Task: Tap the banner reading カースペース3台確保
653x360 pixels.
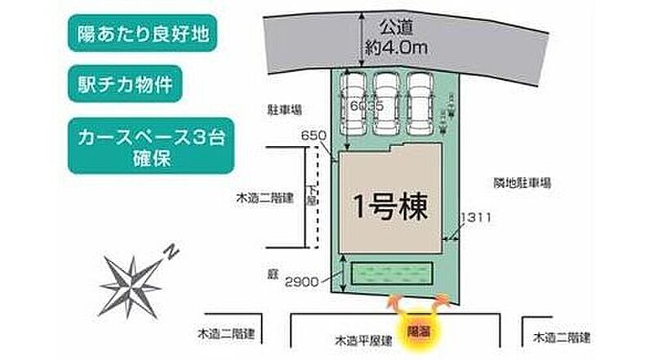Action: coord(146,148)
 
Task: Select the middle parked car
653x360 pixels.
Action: coord(387,104)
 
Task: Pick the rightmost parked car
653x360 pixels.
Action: coord(420,104)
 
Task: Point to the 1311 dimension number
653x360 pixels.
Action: coord(477,216)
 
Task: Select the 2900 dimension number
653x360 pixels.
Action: coord(301,282)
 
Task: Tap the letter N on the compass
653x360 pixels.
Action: coord(171,251)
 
